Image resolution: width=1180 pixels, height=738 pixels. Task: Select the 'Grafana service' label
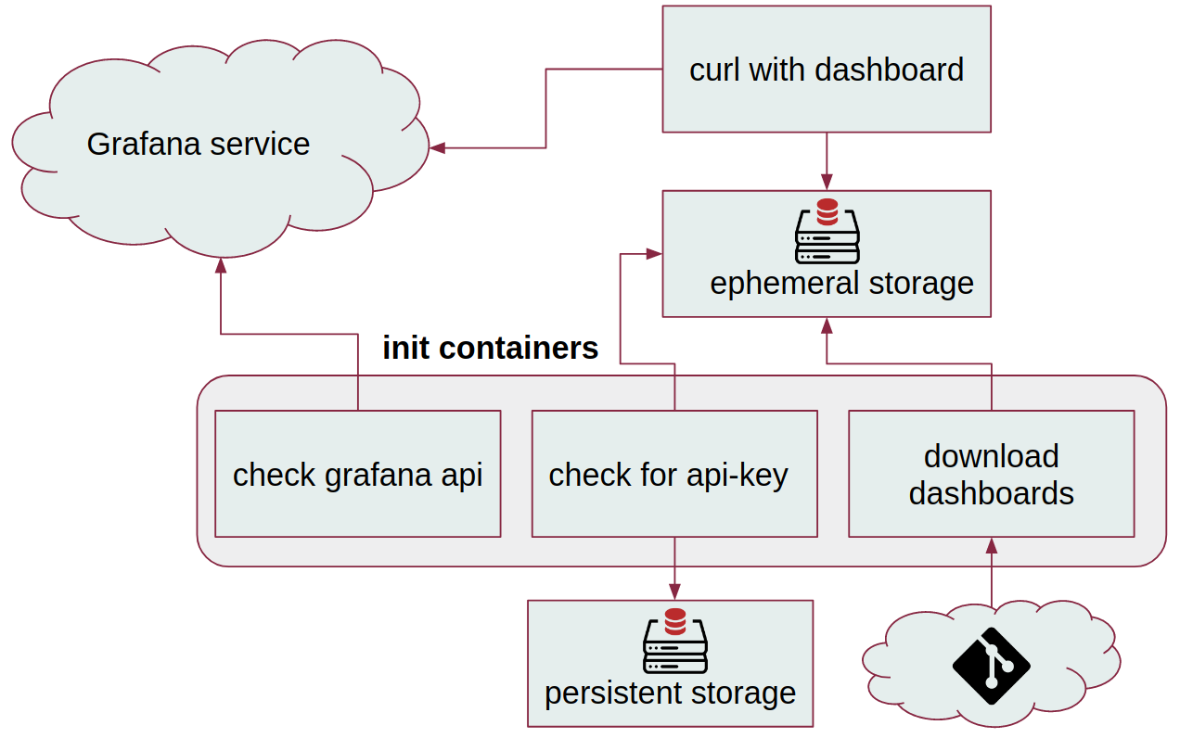[x=198, y=145]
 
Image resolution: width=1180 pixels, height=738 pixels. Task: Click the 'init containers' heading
[x=490, y=349]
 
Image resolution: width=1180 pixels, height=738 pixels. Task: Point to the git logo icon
[x=991, y=666]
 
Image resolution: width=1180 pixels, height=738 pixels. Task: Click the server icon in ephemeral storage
[x=827, y=232]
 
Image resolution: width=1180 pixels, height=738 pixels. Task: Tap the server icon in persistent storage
[x=674, y=642]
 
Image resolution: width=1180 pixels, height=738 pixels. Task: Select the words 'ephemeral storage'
[x=841, y=284]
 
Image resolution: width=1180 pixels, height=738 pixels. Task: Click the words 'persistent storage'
[x=670, y=693]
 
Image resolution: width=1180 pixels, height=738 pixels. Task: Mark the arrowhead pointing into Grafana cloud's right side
[x=438, y=147]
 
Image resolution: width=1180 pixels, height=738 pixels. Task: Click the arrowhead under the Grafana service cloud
[x=221, y=265]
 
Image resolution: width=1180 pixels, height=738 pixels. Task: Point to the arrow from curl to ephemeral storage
[x=827, y=159]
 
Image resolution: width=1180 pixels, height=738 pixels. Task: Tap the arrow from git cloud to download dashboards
[x=991, y=575]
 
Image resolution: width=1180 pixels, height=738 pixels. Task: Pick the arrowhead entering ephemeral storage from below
[x=827, y=324]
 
